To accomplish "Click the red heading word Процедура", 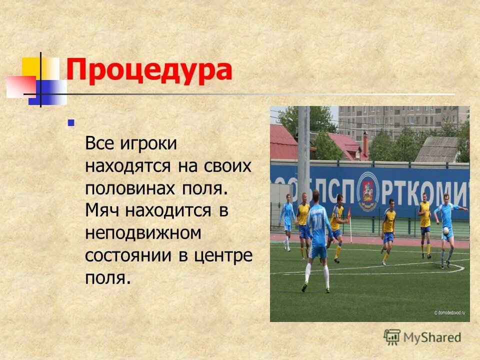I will coord(149,70).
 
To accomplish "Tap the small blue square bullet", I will coord(70,122).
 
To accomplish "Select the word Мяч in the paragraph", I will coord(103,210).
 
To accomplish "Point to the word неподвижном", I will coord(143,232).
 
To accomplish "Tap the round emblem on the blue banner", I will coord(368,191).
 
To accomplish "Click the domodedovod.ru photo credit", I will coord(450,312).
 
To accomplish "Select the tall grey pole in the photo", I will coord(303,150).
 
